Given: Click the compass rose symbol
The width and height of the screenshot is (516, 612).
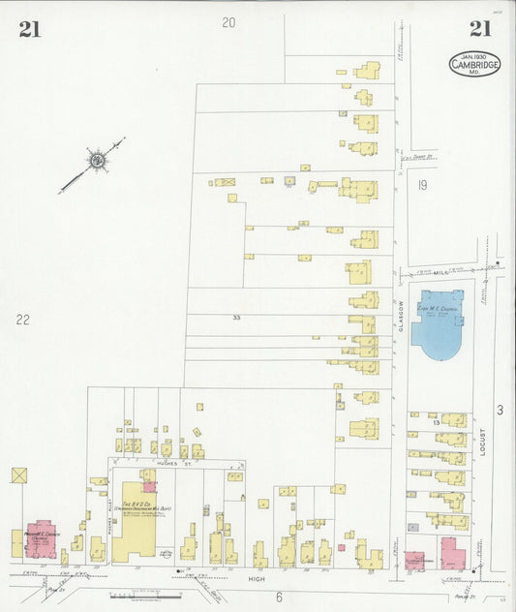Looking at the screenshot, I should (97, 158).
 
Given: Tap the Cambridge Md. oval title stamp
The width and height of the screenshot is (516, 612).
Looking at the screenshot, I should (473, 64).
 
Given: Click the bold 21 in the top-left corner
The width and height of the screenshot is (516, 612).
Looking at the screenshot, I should (29, 30).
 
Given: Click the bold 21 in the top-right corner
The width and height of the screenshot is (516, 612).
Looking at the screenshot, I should (481, 30).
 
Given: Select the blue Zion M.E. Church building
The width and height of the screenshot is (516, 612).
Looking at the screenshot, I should (439, 324).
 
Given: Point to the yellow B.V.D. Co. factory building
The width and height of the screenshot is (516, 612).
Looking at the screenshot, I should (134, 522).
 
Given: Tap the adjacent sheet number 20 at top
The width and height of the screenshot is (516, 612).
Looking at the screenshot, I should (228, 22).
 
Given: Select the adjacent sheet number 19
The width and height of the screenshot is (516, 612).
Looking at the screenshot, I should (423, 184).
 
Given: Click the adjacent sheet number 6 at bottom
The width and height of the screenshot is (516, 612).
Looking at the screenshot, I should (278, 597).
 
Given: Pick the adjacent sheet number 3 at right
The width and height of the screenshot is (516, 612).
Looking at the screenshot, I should (501, 411).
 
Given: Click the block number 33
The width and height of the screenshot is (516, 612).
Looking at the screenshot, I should (236, 317).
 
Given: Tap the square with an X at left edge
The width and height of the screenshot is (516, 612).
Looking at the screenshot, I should (19, 475).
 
